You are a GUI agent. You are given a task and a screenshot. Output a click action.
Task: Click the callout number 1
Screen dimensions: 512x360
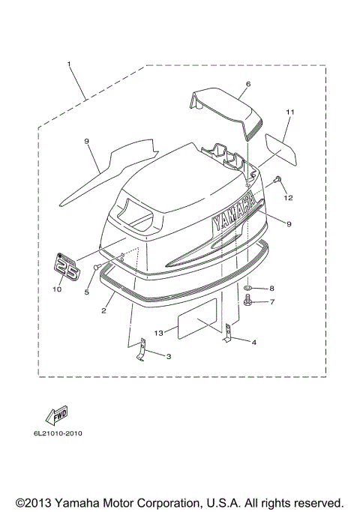(x=69, y=64)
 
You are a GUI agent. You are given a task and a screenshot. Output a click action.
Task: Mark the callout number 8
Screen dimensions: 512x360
(x=272, y=288)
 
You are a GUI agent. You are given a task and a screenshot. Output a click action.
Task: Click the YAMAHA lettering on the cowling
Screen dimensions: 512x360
(x=235, y=214)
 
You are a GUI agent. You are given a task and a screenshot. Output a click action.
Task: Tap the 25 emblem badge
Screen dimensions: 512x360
(x=65, y=267)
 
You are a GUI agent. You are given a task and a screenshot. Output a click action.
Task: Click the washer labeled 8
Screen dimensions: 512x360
(x=250, y=288)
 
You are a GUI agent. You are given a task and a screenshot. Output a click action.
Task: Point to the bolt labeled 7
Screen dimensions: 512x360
(x=250, y=303)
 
